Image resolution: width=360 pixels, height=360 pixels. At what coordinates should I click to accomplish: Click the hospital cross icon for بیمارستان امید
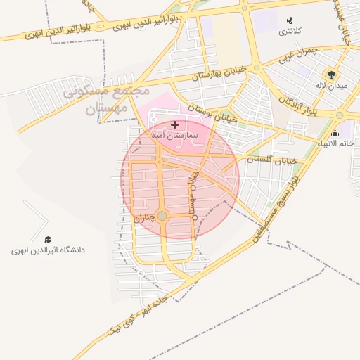pyautogui.click(x=174, y=124)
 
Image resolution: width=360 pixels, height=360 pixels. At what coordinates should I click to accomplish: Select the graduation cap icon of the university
pyautogui.click(x=48, y=240)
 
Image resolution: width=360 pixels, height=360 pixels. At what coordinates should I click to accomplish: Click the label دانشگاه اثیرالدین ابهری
pyautogui.click(x=48, y=250)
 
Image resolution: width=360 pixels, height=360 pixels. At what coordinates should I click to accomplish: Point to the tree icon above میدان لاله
pyautogui.click(x=328, y=75)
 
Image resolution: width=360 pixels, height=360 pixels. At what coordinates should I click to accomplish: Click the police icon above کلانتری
pyautogui.click(x=290, y=21)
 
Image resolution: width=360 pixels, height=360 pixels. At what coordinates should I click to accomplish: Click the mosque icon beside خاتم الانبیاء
pyautogui.click(x=335, y=134)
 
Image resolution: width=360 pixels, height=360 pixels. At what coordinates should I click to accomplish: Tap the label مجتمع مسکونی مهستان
pyautogui.click(x=107, y=100)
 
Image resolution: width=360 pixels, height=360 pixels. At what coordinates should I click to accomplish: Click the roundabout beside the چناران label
pyautogui.click(x=162, y=216)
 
